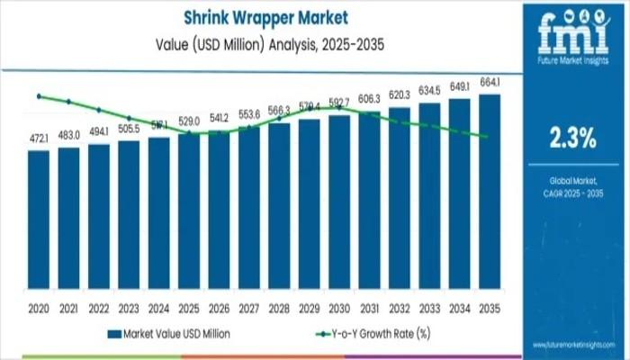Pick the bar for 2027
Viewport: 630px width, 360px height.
249,211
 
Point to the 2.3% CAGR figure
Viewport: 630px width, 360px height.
572,138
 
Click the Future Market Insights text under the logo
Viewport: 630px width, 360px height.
572,59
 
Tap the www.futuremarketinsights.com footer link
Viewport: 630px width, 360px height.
572,345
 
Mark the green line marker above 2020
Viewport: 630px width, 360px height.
39,95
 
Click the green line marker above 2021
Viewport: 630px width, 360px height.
69,102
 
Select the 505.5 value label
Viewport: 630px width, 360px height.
129,128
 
